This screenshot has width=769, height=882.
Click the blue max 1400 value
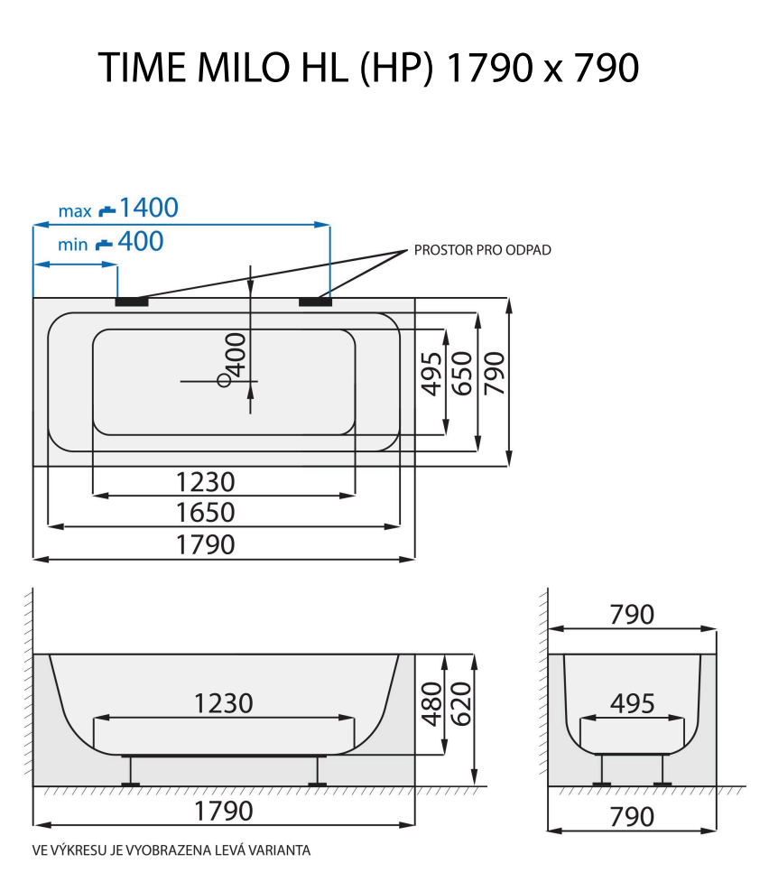coord(149,209)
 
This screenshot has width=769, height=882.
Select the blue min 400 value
coord(142,242)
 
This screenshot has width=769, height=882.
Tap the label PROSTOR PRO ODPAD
coord(482,250)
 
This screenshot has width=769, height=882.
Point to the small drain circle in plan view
coord(224,380)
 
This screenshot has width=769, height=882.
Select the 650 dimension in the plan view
coord(461,373)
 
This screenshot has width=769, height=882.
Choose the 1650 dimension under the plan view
coord(205,513)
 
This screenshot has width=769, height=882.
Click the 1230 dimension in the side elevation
coord(223,702)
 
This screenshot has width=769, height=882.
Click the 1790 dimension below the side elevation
coord(224,812)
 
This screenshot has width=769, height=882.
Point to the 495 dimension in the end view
coord(631,703)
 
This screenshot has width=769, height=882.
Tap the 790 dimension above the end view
coord(632,615)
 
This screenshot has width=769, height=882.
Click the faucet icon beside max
coord(107,211)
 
